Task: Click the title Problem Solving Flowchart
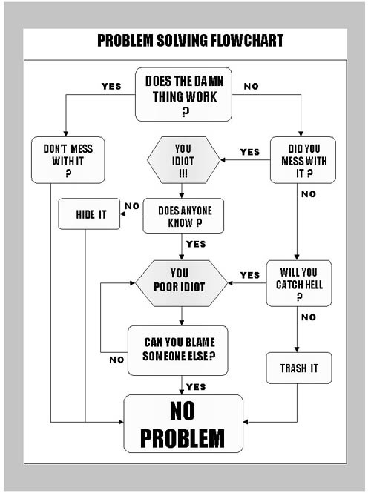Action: [x=191, y=41]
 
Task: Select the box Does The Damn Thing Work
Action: [x=184, y=94]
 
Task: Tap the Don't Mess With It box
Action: [x=68, y=160]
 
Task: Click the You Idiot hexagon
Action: [x=183, y=160]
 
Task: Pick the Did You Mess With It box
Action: [x=303, y=160]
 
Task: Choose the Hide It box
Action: [x=89, y=214]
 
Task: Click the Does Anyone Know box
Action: [x=183, y=216]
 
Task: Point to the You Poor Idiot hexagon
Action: [x=181, y=283]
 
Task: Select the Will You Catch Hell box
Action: [x=299, y=283]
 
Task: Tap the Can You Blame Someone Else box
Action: [x=178, y=351]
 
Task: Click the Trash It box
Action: [x=299, y=368]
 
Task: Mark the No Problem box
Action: [x=183, y=423]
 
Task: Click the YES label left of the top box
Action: [x=111, y=86]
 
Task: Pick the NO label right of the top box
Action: [x=251, y=86]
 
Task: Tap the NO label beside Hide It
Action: [x=132, y=206]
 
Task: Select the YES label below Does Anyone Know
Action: [x=196, y=244]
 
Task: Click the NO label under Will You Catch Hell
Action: [x=309, y=317]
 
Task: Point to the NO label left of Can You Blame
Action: [x=116, y=360]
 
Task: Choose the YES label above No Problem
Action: [x=196, y=387]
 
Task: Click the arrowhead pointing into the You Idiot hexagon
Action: [x=223, y=160]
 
